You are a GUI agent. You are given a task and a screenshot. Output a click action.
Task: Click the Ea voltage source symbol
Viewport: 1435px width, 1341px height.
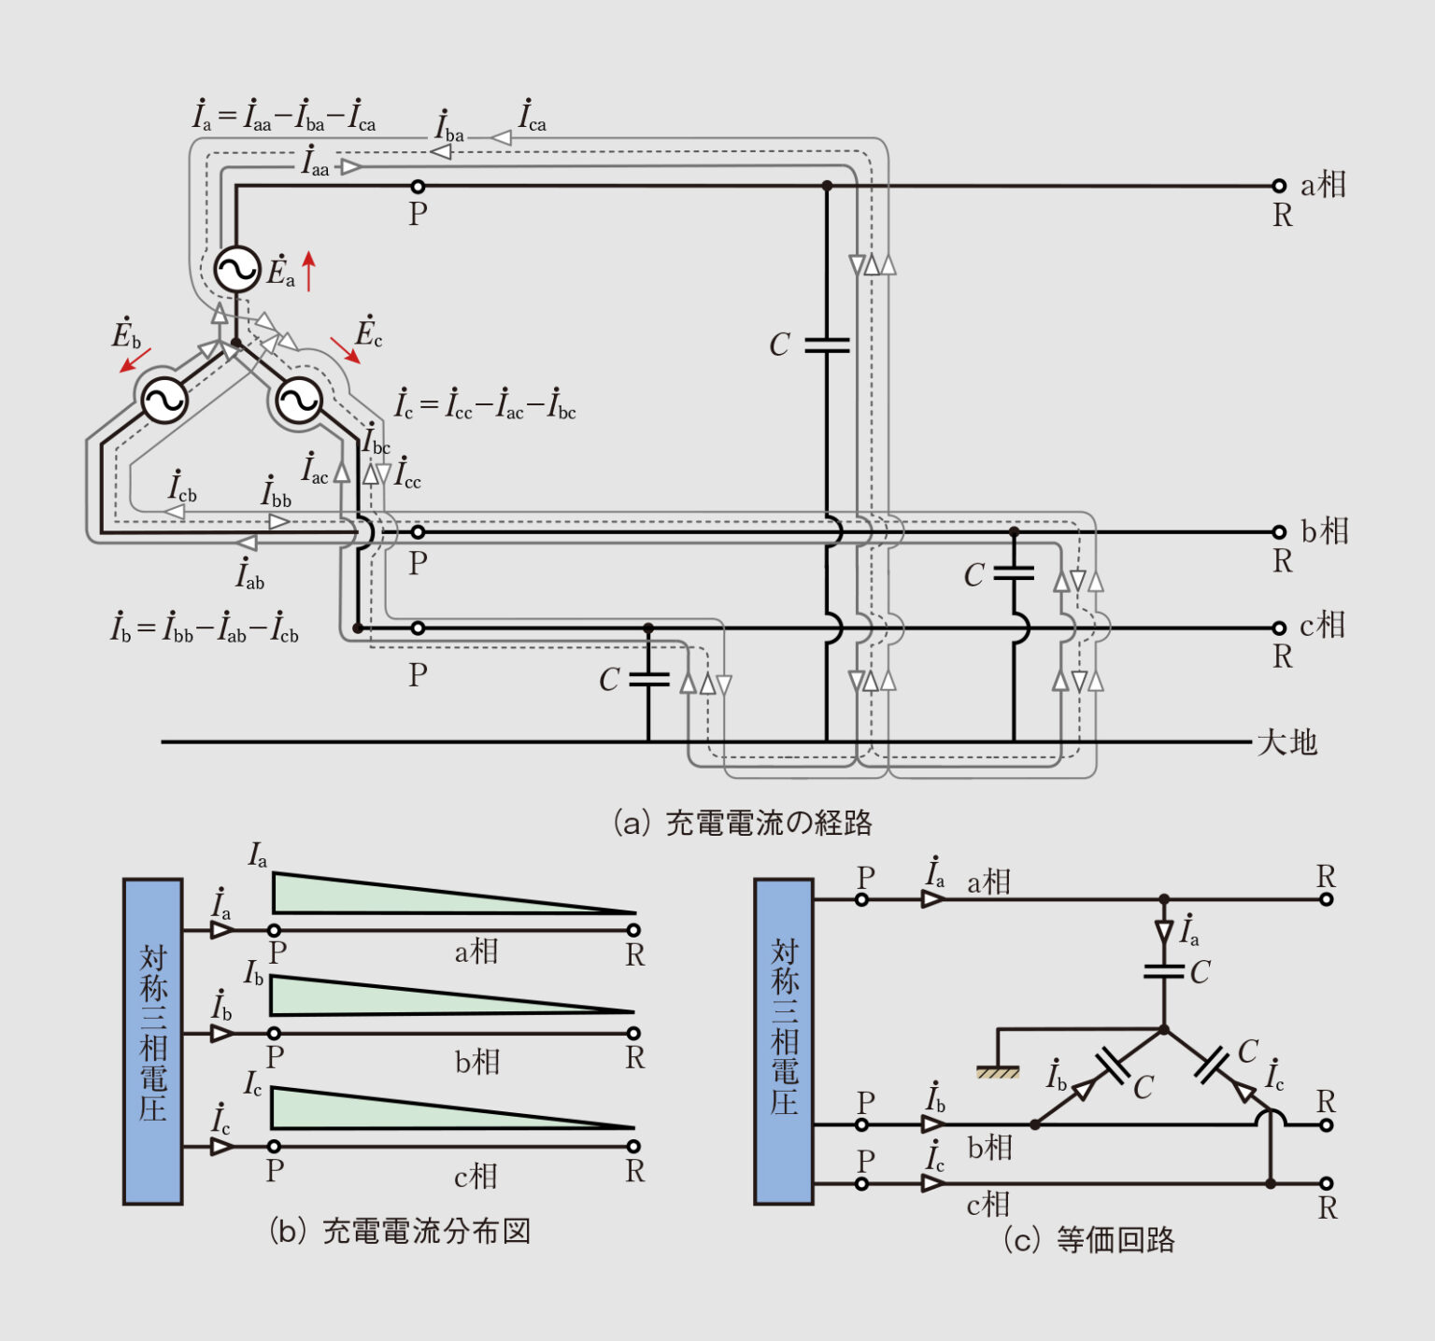pyautogui.click(x=236, y=270)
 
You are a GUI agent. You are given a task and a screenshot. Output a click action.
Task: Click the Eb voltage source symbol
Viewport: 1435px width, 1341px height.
pyautogui.click(x=164, y=401)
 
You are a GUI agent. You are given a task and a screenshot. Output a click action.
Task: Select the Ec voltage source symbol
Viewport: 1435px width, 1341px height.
pyautogui.click(x=299, y=401)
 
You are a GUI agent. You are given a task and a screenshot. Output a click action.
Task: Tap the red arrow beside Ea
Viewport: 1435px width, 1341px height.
pyautogui.click(x=308, y=271)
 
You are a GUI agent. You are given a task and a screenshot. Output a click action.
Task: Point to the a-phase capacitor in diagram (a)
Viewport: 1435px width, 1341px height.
pyautogui.click(x=827, y=346)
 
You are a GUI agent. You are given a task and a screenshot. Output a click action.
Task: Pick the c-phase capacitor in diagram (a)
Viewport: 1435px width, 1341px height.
pyautogui.click(x=648, y=679)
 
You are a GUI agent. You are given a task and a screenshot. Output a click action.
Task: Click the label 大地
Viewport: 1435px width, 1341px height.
pyautogui.click(x=1286, y=743)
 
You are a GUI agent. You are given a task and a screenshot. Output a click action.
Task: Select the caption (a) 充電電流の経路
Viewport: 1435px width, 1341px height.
pyautogui.click(x=742, y=823)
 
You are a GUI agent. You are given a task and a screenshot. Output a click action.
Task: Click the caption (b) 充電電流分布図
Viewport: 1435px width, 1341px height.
pyautogui.click(x=400, y=1231)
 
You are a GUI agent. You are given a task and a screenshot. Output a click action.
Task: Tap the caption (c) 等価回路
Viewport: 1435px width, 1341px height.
pyautogui.click(x=1088, y=1240)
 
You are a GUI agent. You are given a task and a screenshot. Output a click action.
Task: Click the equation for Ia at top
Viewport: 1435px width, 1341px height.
pyautogui.click(x=284, y=116)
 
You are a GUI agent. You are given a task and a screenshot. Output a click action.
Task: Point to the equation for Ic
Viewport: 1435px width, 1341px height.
pyautogui.click(x=485, y=404)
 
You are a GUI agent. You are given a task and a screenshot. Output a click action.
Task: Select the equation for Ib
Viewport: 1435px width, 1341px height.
pyautogui.click(x=205, y=628)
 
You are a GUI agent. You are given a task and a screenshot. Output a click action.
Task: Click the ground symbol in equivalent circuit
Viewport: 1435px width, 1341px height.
pyautogui.click(x=998, y=1072)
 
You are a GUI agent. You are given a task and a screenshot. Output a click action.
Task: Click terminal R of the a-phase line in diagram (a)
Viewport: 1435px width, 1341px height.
pyautogui.click(x=1279, y=186)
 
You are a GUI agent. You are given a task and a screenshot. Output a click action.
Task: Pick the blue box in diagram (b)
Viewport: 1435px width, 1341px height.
pyautogui.click(x=152, y=1041)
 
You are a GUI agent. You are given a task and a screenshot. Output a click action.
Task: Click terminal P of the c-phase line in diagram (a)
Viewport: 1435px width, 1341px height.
pyautogui.click(x=418, y=628)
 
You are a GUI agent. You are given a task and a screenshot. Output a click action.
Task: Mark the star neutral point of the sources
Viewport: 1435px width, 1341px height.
pyautogui.click(x=236, y=344)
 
